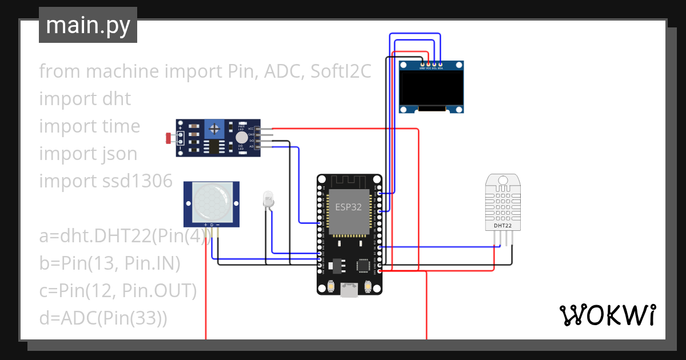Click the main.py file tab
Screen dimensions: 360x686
87,25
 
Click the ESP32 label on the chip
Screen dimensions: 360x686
348,207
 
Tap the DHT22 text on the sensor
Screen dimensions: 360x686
503,226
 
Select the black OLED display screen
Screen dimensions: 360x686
431,87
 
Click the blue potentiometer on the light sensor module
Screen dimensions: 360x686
214,130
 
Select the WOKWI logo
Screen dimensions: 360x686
607,315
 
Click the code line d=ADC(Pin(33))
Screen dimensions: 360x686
103,318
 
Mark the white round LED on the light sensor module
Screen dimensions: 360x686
242,138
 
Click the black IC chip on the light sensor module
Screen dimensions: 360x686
214,147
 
